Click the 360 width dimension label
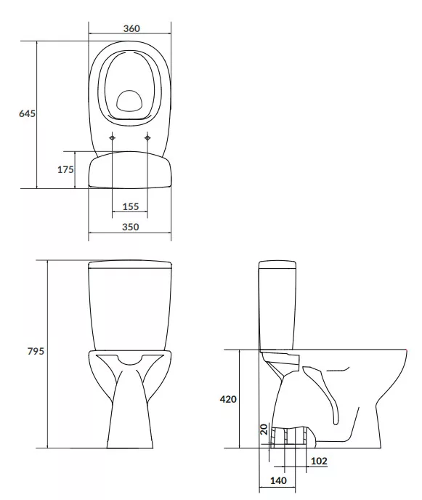point(131,28)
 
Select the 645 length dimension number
point(27,113)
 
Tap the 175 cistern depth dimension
point(65,169)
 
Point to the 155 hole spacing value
point(131,206)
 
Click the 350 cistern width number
point(131,227)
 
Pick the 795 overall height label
point(36,351)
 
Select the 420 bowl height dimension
point(228,399)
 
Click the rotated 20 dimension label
point(264,430)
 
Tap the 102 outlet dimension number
point(319,461)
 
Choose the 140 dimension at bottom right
point(278,480)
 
